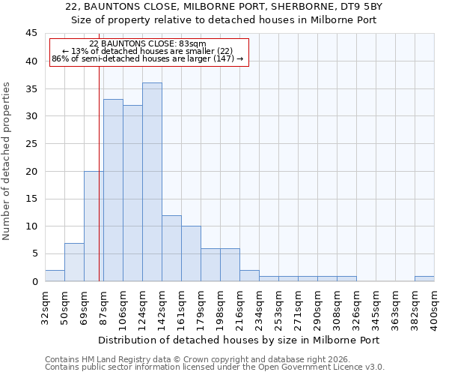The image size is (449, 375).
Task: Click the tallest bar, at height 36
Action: click(152, 182)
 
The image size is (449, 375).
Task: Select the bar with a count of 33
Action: click(113, 190)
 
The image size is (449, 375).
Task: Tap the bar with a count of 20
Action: click(94, 226)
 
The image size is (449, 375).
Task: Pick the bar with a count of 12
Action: click(171, 248)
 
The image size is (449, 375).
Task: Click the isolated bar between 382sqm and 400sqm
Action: click(424, 279)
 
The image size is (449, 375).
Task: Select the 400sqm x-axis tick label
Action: click(435, 307)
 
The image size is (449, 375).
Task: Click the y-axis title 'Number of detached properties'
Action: click(7, 161)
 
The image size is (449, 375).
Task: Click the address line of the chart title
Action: click(224, 7)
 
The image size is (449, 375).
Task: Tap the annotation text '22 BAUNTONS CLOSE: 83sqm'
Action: click(147, 44)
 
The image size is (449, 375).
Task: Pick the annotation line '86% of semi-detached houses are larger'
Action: click(147, 58)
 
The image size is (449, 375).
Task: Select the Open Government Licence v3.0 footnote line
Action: click(214, 367)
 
